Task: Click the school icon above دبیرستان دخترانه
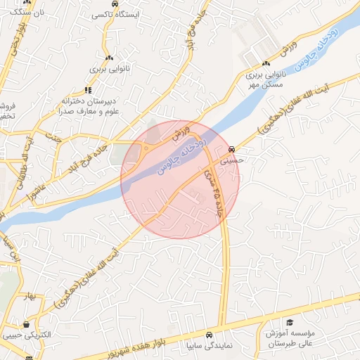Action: click(x=88, y=89)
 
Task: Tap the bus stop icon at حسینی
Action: click(x=231, y=150)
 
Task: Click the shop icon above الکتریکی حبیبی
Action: click(x=27, y=324)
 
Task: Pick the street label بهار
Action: click(x=29, y=295)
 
